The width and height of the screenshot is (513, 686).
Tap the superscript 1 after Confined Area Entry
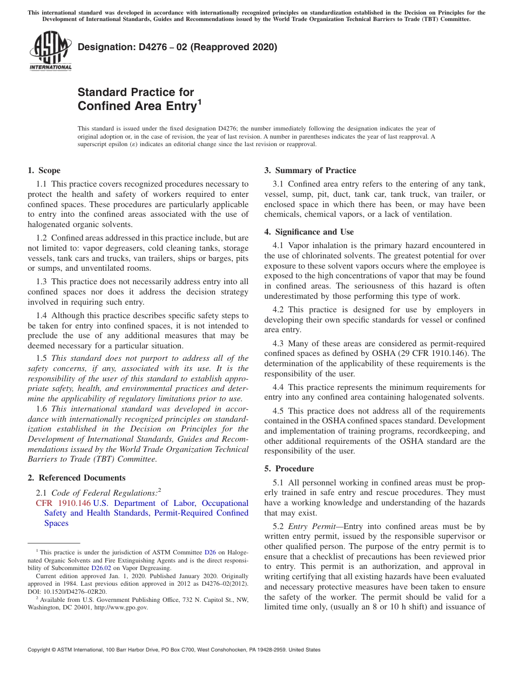click(x=199, y=101)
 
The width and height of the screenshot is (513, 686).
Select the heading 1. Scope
click(x=44, y=170)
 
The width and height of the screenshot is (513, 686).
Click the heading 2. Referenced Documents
click(x=76, y=478)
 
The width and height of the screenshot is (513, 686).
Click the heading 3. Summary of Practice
click(x=310, y=170)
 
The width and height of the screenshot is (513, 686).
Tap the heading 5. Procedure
click(x=289, y=469)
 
